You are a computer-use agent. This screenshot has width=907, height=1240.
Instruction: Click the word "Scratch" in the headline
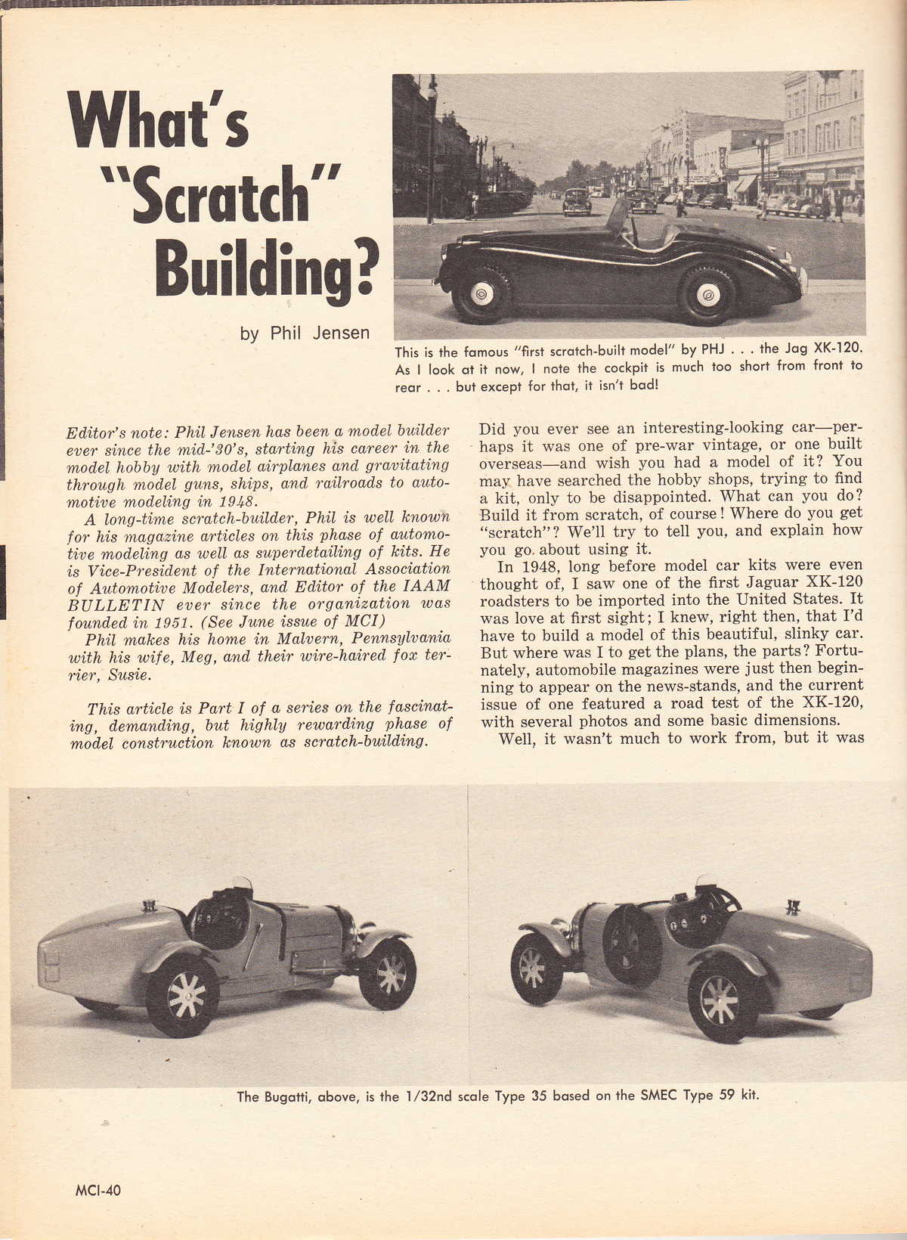(x=204, y=195)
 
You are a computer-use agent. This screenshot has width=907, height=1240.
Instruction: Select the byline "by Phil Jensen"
(x=305, y=333)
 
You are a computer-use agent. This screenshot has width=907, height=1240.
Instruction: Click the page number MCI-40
(x=98, y=1189)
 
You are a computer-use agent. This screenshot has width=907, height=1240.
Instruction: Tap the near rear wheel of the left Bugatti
(x=182, y=997)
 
